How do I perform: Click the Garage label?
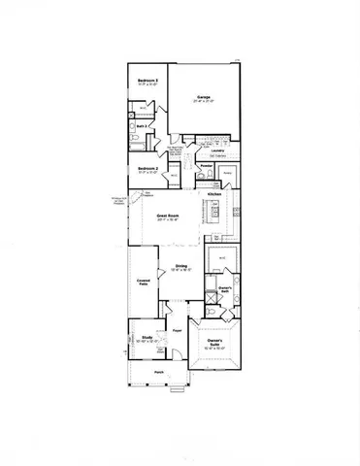[x=204, y=97]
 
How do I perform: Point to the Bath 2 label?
[x=140, y=125]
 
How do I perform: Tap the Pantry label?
[x=226, y=172]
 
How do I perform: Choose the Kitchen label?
[x=215, y=194]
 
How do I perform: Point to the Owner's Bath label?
[x=224, y=288]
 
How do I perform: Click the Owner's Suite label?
[x=215, y=342]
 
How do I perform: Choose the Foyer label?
[x=178, y=331]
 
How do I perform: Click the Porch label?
[x=159, y=373]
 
